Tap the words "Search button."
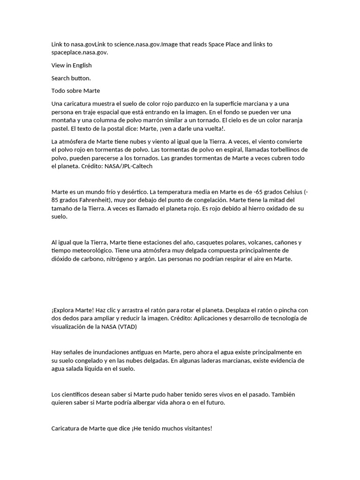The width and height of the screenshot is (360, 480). click(x=71, y=78)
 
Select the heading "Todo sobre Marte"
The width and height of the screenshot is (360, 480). click(x=75, y=90)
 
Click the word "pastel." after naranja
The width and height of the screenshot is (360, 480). click(x=61, y=128)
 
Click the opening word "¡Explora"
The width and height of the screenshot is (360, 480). click(x=63, y=310)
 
